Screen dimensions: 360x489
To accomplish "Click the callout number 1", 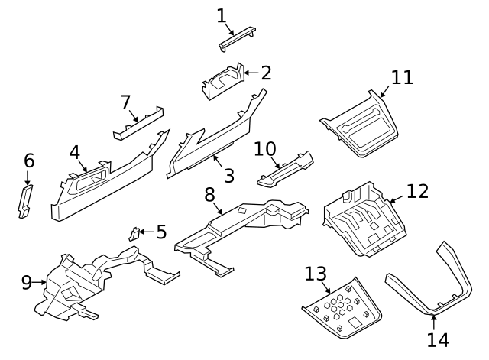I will pos(222,15).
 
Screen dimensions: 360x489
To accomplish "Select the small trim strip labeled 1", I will pos(238,37).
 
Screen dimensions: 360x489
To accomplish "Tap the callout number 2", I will pos(266,73).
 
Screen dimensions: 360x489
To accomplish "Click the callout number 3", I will pos(228,175).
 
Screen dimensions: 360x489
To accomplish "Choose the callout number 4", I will pos(75,152).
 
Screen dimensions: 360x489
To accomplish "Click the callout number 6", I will pos(29,161).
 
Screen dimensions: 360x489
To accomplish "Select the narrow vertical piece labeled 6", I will pos(26,201).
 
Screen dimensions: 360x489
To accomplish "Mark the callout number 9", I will pos(27,283).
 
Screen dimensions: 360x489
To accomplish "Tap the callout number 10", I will pos(264,148).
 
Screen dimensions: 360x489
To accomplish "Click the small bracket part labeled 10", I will pos(284,170).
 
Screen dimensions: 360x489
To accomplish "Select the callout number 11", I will pos(402,77).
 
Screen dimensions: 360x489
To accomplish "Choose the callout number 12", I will pos(417,191).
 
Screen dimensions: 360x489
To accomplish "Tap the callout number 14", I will pos(437,339).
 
